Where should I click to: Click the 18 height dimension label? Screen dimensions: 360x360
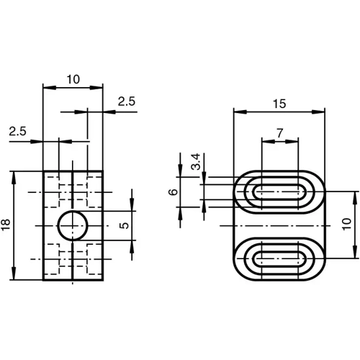pos(6,226)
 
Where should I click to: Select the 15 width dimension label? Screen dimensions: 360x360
pos(279,104)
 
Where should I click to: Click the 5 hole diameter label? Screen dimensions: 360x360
pos(123,225)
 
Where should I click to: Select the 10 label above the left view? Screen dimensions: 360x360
pos(73,79)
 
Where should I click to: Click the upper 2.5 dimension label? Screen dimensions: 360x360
pos(127,102)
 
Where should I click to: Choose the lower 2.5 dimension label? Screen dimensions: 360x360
pos(19,131)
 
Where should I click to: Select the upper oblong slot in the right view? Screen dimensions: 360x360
pos(279,192)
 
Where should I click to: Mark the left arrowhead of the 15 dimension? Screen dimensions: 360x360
pos(238,112)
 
